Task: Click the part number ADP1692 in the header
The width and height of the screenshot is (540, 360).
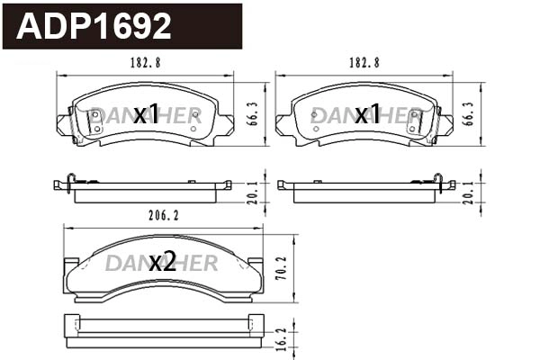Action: click(x=95, y=27)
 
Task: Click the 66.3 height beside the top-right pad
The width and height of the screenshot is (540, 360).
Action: click(x=469, y=112)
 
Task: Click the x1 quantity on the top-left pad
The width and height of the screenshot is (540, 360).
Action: click(x=146, y=114)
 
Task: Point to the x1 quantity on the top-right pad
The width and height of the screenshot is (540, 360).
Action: click(x=366, y=114)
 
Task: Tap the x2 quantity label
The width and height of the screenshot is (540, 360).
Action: click(x=162, y=262)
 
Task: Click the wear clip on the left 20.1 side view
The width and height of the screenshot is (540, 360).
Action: click(x=67, y=183)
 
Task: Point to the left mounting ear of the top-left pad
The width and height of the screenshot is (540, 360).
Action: click(x=66, y=124)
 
